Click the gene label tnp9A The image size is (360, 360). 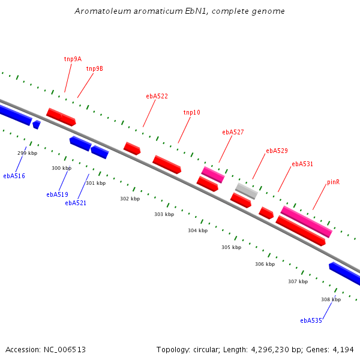tap(73, 59)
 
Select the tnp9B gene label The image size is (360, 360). tap(94, 68)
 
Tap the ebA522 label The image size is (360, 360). tap(157, 96)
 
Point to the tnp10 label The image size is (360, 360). tap(191, 112)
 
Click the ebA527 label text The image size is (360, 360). tap(233, 132)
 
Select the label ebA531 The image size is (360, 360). tap(302, 164)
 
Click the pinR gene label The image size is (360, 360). tap(333, 182)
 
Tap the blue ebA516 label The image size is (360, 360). tap(14, 176)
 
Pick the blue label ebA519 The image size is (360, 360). tap(57, 194)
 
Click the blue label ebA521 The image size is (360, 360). tap(76, 203)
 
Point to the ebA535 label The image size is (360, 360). tap(311, 320)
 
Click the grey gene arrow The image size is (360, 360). tap(246, 191)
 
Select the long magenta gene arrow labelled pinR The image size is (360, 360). tap(306, 221)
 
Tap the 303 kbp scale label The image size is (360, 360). tap(164, 214)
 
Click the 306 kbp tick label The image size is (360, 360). tap(265, 264)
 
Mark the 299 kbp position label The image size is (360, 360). tap(27, 154)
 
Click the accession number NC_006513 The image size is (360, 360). tap(63, 349)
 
